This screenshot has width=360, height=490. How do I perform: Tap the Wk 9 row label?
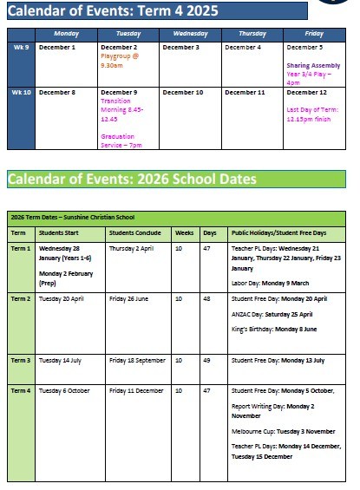coord(23,48)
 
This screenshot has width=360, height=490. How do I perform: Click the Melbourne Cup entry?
coord(284,431)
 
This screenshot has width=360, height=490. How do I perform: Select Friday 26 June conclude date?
coord(132,298)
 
